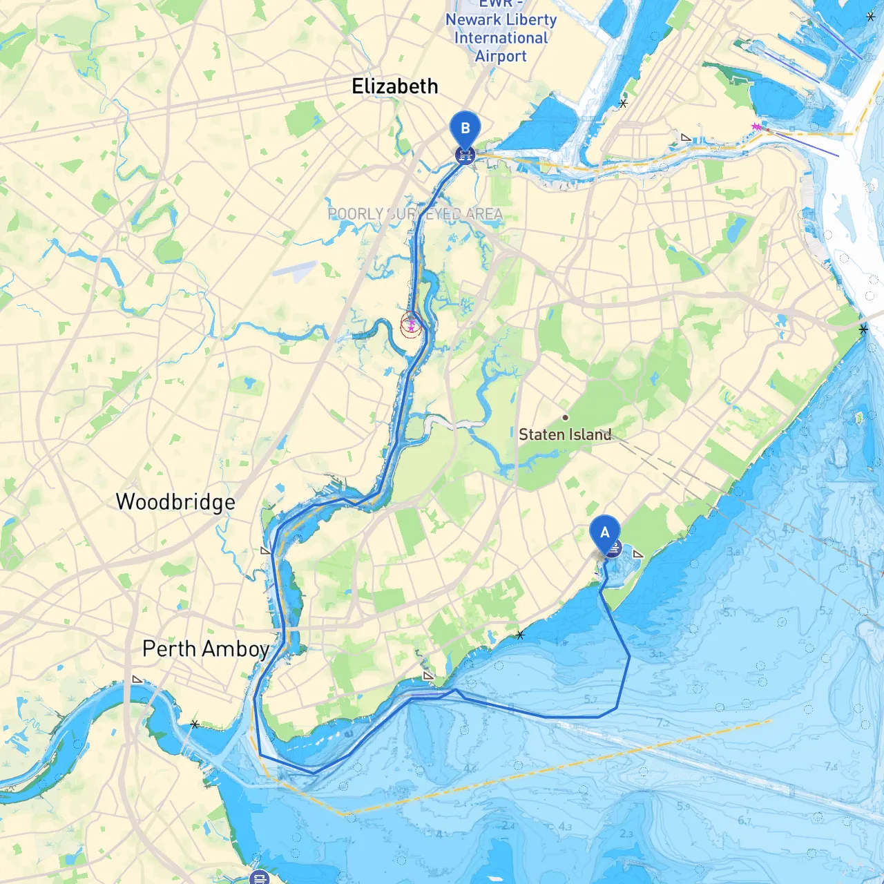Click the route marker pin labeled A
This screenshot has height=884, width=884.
(x=605, y=533)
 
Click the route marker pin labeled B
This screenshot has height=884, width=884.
(x=465, y=129)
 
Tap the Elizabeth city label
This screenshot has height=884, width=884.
(x=394, y=86)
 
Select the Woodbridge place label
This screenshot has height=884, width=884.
(x=175, y=501)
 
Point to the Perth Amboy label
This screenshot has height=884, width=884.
(x=205, y=648)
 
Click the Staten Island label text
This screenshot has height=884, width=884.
(x=564, y=434)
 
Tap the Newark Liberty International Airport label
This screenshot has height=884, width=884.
(x=501, y=38)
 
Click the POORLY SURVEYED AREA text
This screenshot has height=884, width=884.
(x=415, y=214)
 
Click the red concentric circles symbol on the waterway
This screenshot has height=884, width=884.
(x=411, y=325)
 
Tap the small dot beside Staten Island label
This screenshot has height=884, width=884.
(x=565, y=417)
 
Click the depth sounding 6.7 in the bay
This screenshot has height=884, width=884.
(x=744, y=820)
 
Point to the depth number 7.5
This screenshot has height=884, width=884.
(x=831, y=766)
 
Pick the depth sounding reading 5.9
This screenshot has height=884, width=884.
(x=683, y=806)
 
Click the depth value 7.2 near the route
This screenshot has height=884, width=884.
(x=663, y=722)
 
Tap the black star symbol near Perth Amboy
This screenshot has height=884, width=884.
(x=195, y=724)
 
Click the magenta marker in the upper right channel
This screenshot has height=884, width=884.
(x=756, y=126)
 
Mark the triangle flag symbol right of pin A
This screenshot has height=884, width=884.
(x=637, y=554)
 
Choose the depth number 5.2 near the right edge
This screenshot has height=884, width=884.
(x=826, y=611)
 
